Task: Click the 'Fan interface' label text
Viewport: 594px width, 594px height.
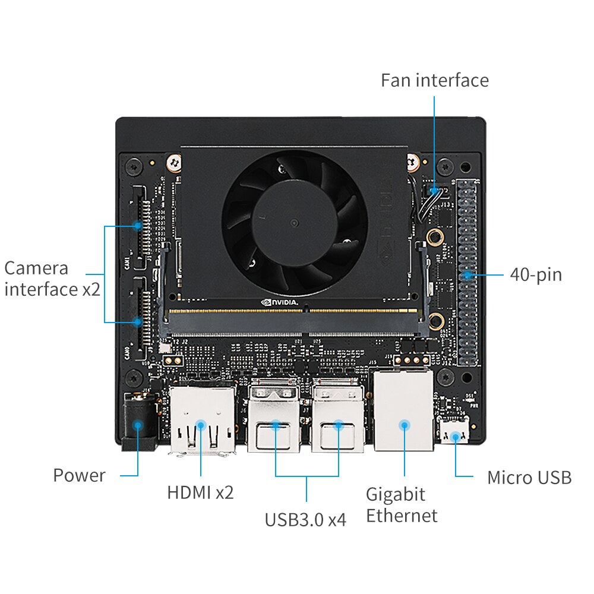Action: (x=435, y=80)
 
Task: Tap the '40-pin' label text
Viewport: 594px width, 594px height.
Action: (x=535, y=275)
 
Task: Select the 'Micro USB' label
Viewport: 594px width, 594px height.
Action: (x=529, y=477)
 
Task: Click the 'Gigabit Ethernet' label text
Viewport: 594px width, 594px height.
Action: (x=402, y=504)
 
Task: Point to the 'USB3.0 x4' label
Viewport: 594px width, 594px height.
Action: (x=305, y=520)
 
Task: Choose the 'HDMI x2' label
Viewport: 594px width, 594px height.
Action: (x=200, y=492)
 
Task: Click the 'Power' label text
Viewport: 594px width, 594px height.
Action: (x=79, y=475)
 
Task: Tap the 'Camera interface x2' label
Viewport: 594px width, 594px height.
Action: (x=52, y=279)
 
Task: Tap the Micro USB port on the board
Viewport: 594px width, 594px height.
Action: (x=455, y=431)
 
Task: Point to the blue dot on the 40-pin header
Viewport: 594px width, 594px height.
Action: (x=468, y=275)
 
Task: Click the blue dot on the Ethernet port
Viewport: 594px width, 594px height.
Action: (x=405, y=425)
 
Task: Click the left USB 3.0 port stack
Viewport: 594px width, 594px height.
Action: (x=274, y=416)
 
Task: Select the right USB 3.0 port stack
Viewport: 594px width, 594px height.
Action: (x=338, y=416)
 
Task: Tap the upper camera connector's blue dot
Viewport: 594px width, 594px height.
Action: (x=138, y=226)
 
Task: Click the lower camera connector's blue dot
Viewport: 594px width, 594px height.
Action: (x=138, y=322)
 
